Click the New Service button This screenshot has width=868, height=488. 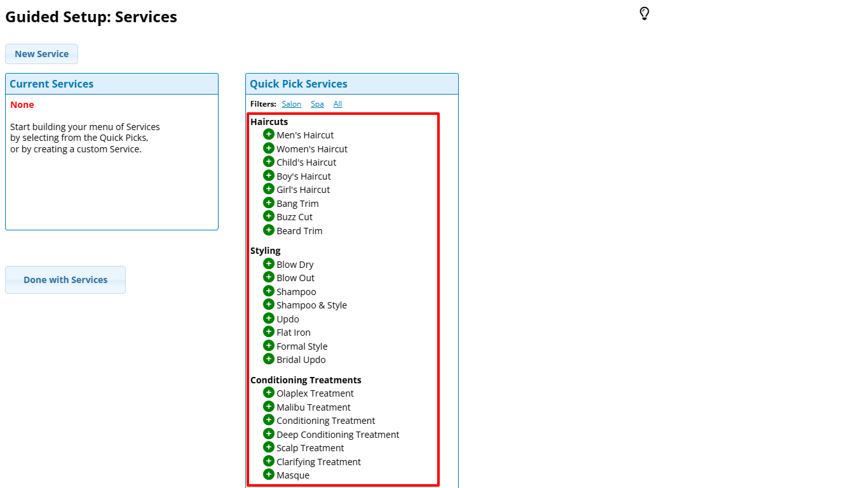coord(41,54)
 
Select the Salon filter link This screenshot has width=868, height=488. coord(292,104)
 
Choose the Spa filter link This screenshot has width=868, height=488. coord(317,104)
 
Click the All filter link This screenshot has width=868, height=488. coord(337,104)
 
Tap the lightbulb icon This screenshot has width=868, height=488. coord(644,13)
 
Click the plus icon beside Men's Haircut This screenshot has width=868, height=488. coord(269,135)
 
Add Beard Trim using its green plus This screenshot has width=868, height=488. coord(269,230)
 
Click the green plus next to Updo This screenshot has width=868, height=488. coord(269,319)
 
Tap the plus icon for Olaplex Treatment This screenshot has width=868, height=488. coord(269,393)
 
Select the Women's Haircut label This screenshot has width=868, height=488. coord(312,149)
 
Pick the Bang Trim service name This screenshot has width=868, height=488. coord(297,204)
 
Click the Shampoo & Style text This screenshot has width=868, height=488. coord(311,305)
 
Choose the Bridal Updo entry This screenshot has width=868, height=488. coord(301,360)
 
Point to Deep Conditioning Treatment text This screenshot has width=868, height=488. coord(337,435)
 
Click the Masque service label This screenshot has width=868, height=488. coord(293,475)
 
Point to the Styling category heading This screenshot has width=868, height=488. coord(265,251)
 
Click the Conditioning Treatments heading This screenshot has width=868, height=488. coord(306,380)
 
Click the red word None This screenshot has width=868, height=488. coord(22,105)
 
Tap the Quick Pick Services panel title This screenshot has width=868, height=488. coord(298,84)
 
